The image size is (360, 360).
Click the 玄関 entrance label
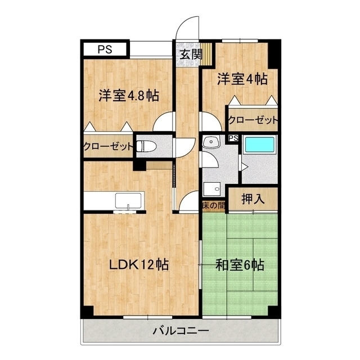tap(191, 55)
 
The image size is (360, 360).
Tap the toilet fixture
tap(144, 146)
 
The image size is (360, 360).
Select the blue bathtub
tap(260, 145)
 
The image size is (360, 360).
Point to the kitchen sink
tap(129, 200)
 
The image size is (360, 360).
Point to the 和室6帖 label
tap(240, 264)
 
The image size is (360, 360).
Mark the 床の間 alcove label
tap(214, 206)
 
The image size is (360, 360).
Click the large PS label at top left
tap(105, 49)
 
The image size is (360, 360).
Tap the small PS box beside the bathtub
tap(233, 138)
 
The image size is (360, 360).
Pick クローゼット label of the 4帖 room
tap(253, 120)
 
